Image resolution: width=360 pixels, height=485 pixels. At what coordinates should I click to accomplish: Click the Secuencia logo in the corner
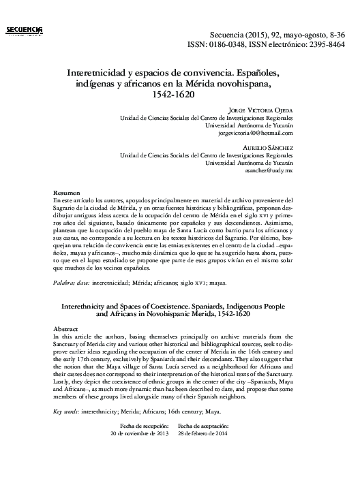pyautogui.click(x=24, y=29)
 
